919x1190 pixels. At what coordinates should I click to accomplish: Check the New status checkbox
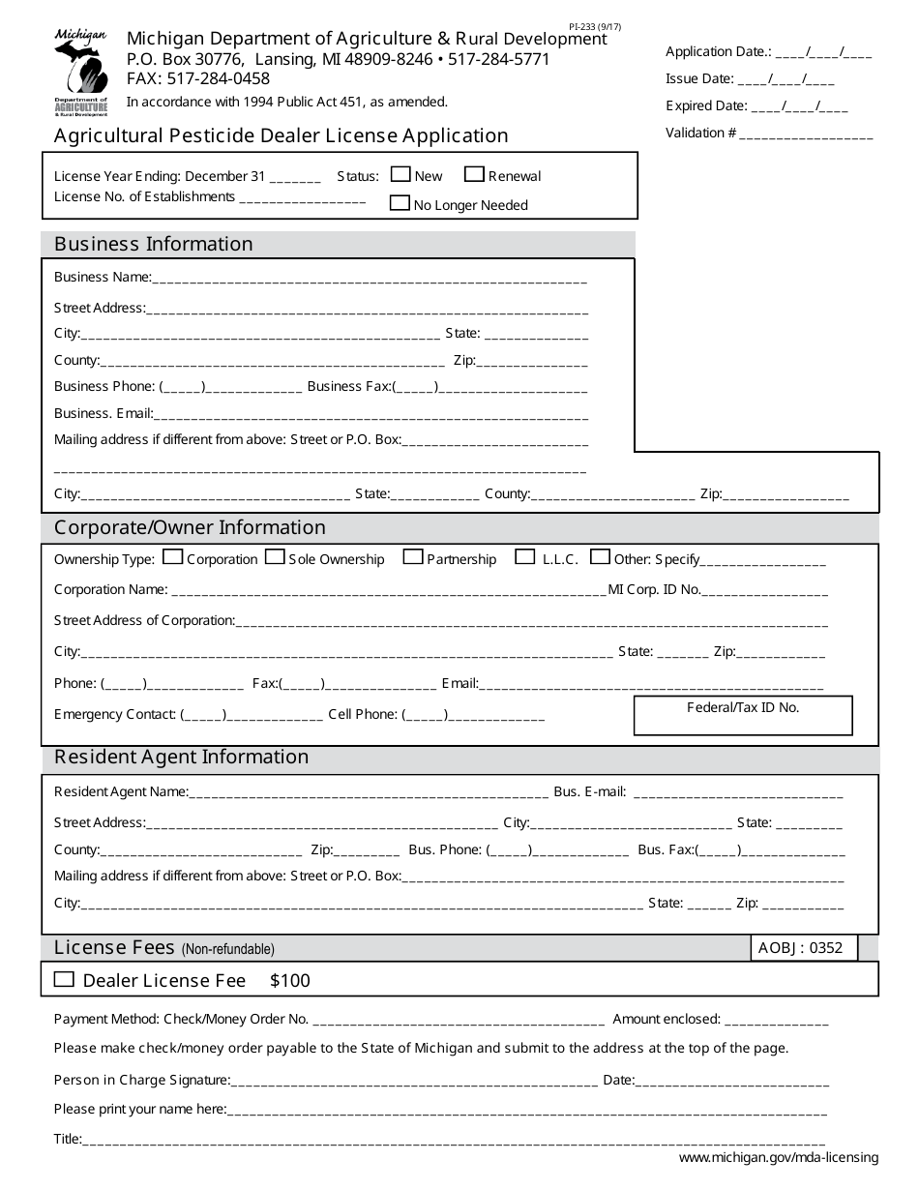click(400, 175)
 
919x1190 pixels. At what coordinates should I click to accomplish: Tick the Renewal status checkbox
click(474, 175)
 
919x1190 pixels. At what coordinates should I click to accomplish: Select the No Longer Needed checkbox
click(400, 203)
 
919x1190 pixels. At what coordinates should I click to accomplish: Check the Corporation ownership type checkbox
click(173, 557)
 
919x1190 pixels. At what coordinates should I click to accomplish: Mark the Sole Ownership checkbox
click(275, 557)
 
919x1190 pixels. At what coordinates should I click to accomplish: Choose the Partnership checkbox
click(413, 557)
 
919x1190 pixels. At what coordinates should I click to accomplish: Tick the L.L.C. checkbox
click(525, 557)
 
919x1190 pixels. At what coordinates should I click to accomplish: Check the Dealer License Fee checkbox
click(64, 979)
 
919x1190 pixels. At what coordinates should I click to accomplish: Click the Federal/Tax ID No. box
click(743, 716)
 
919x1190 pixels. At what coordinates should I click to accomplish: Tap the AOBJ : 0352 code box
click(804, 948)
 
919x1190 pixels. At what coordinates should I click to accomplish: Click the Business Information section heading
click(154, 244)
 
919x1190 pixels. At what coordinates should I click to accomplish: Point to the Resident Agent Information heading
click(182, 757)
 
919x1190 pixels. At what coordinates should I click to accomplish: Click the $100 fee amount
click(290, 980)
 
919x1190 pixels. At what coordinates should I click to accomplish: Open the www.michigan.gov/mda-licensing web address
click(779, 1157)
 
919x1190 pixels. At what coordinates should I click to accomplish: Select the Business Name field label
click(103, 277)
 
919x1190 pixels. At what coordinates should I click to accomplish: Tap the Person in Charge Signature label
click(142, 1080)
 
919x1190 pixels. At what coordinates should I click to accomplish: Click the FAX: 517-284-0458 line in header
click(198, 79)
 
